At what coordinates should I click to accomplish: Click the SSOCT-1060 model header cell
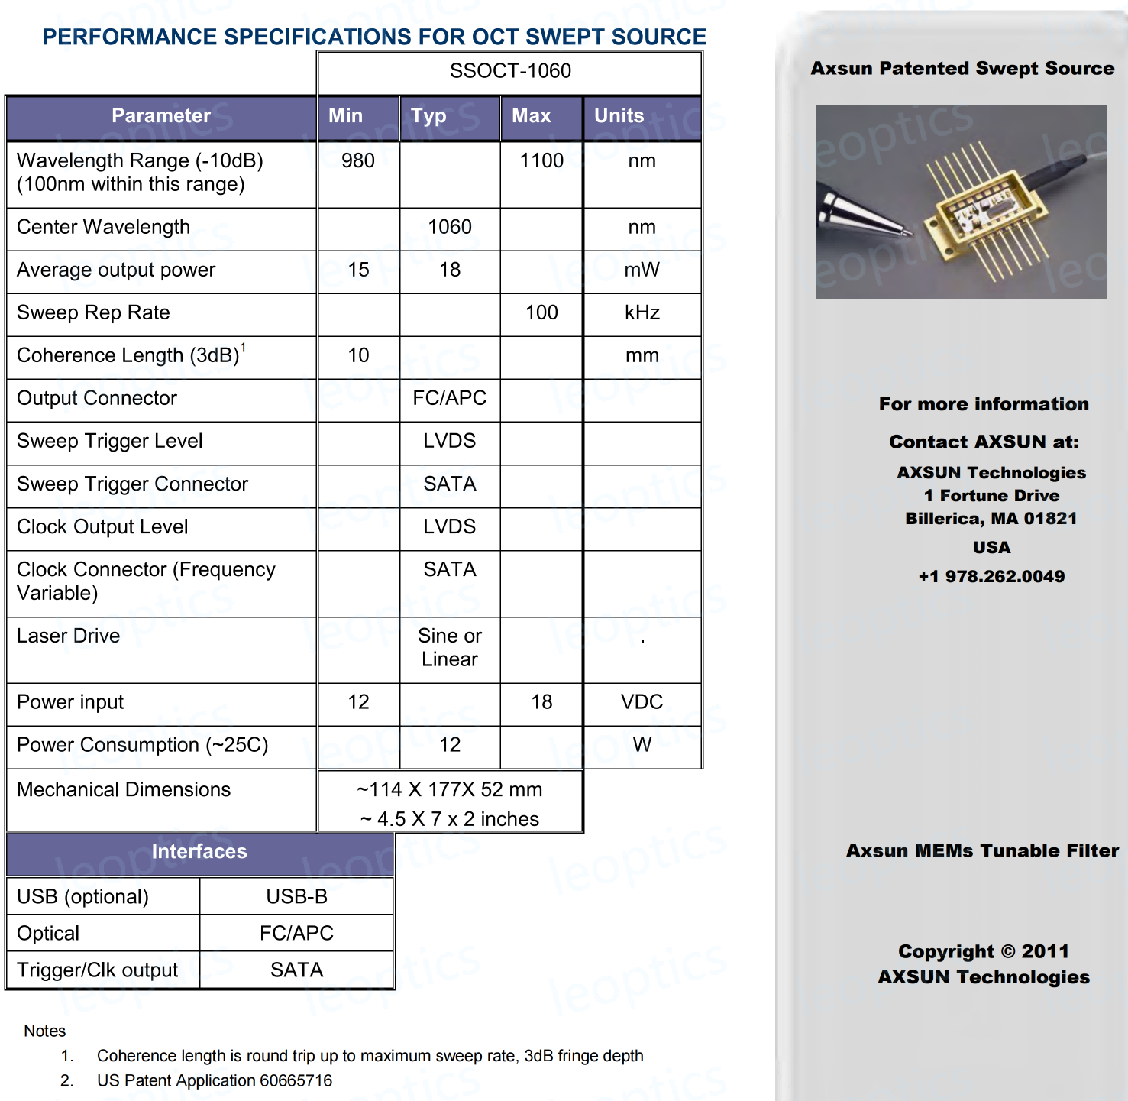(510, 71)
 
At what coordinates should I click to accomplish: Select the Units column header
(619, 116)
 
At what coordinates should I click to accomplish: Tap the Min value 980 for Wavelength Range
(358, 161)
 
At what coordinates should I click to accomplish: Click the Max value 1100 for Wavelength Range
(541, 161)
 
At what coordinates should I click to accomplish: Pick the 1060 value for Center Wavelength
(450, 227)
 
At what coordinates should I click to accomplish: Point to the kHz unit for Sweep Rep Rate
(642, 312)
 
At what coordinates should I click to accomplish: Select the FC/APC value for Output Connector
(450, 398)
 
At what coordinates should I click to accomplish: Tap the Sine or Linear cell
(450, 648)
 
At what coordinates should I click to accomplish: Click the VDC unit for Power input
(642, 702)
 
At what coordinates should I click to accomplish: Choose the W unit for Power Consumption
(642, 745)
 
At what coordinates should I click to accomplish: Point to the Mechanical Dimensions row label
(124, 790)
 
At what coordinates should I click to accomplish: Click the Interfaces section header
(199, 852)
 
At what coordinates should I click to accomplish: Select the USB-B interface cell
(296, 897)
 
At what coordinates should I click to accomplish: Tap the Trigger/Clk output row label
(98, 970)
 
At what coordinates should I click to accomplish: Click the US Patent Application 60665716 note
(215, 1080)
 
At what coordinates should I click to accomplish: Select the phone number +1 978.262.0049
(991, 577)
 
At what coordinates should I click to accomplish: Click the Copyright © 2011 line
(984, 952)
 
